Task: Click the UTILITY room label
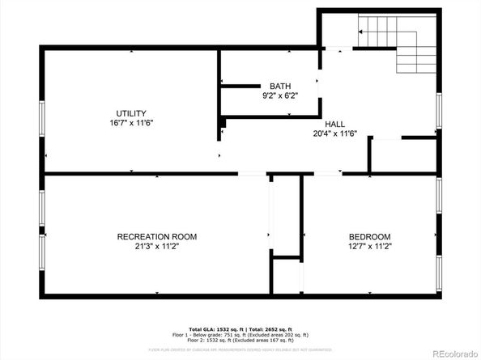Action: pos(132,113)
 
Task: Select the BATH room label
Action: pos(280,86)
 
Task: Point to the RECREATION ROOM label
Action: pos(157,236)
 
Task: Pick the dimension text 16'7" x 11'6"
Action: pos(132,123)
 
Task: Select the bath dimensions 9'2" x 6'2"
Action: pos(280,95)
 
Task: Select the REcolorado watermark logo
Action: pos(452,352)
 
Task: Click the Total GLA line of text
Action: pos(240,328)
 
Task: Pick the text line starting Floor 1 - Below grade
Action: pos(240,335)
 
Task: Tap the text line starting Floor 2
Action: pos(240,341)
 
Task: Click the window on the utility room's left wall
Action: pos(41,118)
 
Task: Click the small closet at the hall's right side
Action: pos(385,155)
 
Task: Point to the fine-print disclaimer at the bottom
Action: pos(240,349)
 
